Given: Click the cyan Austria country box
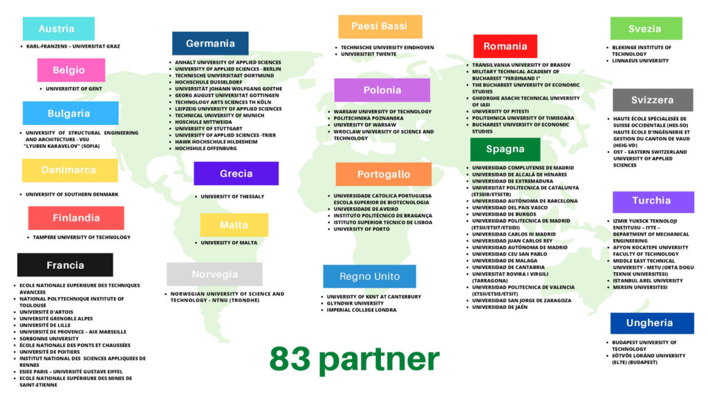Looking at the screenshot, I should (x=58, y=29).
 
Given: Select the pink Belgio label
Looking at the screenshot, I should (x=71, y=70).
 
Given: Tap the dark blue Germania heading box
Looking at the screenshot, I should (x=210, y=44).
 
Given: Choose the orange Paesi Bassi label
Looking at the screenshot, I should (x=380, y=26).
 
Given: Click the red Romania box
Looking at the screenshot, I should (x=505, y=46).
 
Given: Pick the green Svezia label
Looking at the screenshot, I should (x=646, y=29).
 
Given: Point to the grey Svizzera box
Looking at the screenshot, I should (x=652, y=100).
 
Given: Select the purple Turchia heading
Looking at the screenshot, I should (x=652, y=201).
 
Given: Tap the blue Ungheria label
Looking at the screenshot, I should (x=651, y=323).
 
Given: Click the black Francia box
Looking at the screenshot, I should (x=65, y=265).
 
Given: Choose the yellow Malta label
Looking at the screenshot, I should (x=234, y=225).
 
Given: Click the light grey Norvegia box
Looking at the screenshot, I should (x=214, y=274).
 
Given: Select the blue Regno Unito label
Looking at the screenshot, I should (x=369, y=276).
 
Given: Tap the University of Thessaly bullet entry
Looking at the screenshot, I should (x=232, y=196).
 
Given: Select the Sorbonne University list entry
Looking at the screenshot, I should (x=49, y=339).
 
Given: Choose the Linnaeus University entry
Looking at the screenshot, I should (x=640, y=61).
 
